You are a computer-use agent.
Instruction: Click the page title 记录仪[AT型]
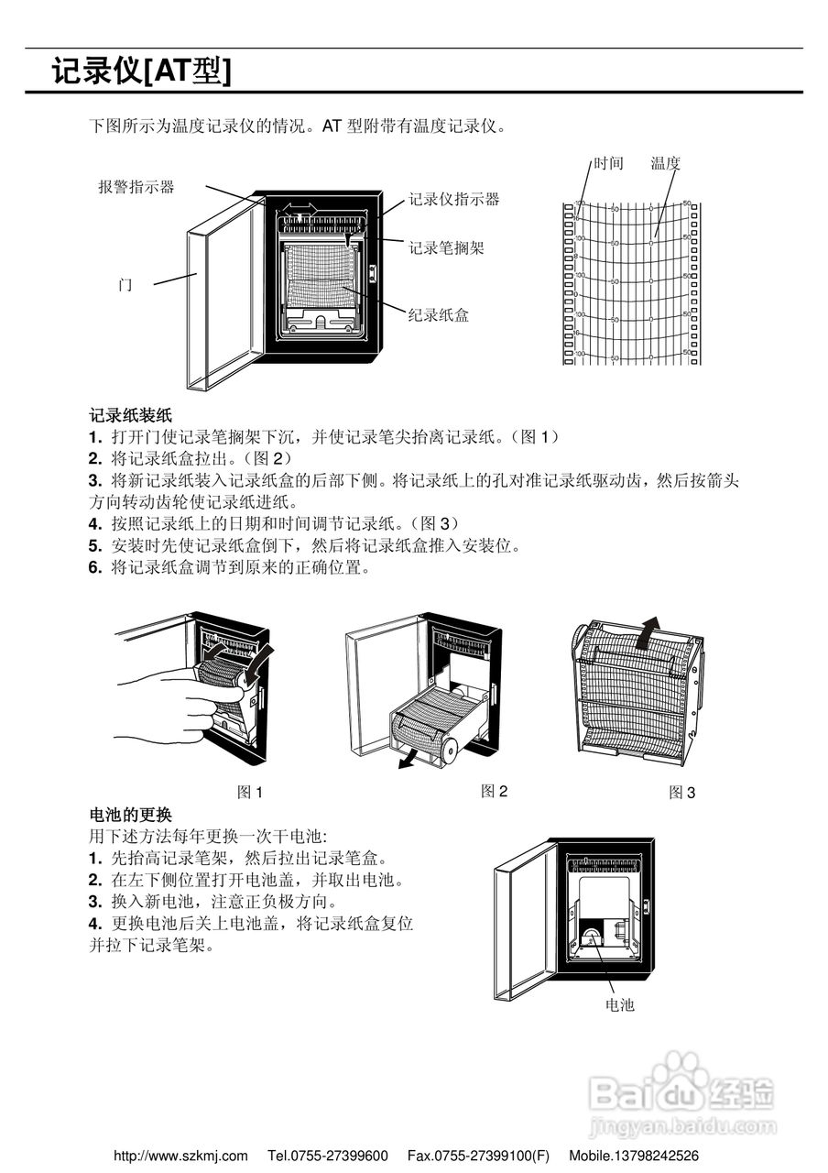pyautogui.click(x=141, y=71)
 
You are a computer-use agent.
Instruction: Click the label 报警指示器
pyautogui.click(x=136, y=187)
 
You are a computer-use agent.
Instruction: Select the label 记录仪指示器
pyautogui.click(x=453, y=199)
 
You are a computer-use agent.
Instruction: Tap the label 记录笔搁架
pyautogui.click(x=446, y=247)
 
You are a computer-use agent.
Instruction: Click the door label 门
pyautogui.click(x=125, y=285)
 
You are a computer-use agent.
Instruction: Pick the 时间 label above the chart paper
pyautogui.click(x=608, y=164)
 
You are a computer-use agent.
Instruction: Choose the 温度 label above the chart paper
pyautogui.click(x=665, y=164)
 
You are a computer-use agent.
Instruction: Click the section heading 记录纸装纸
pyautogui.click(x=130, y=415)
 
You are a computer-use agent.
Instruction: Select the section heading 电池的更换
pyautogui.click(x=130, y=815)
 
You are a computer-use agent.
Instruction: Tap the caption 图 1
pyautogui.click(x=249, y=793)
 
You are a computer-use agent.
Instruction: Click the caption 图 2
pyautogui.click(x=494, y=791)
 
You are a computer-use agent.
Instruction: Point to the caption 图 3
pyautogui.click(x=681, y=793)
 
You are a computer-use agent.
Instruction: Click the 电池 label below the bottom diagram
pyautogui.click(x=619, y=1005)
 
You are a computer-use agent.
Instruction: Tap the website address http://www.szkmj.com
pyautogui.click(x=180, y=1157)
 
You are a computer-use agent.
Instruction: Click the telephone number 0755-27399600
pyautogui.click(x=340, y=1157)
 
